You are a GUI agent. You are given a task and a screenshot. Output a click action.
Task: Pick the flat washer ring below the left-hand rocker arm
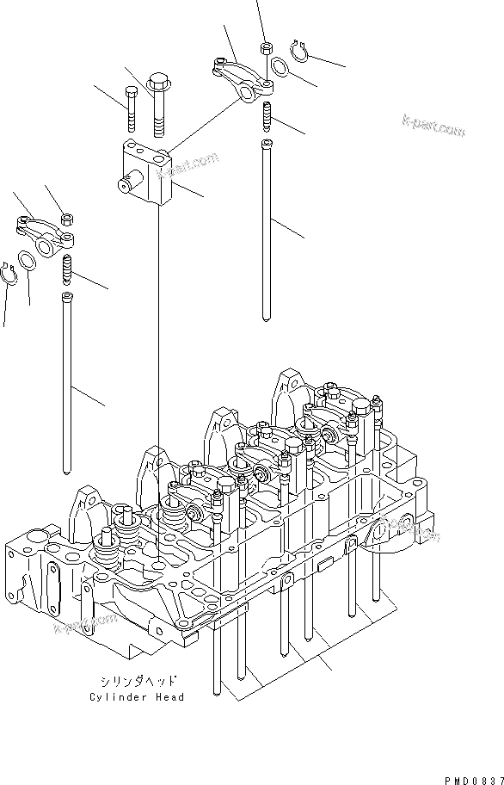click(x=27, y=259)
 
